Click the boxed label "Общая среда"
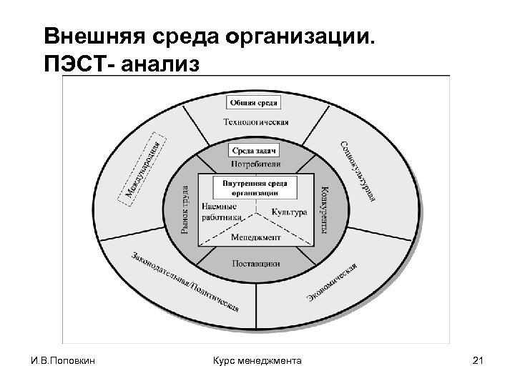click(x=254, y=103)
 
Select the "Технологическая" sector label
click(x=255, y=122)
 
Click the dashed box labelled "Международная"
click(x=146, y=167)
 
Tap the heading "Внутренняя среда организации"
click(x=255, y=188)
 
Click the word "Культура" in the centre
click(x=289, y=212)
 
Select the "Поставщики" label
click(x=255, y=264)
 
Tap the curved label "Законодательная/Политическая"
click(x=185, y=282)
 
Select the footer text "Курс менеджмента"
click(x=257, y=361)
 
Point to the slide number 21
click(x=479, y=361)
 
